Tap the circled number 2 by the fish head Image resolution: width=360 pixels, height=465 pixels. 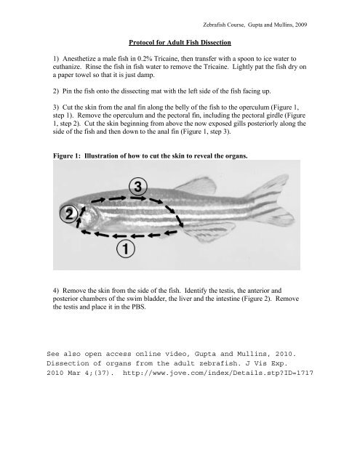[x=68, y=214]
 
